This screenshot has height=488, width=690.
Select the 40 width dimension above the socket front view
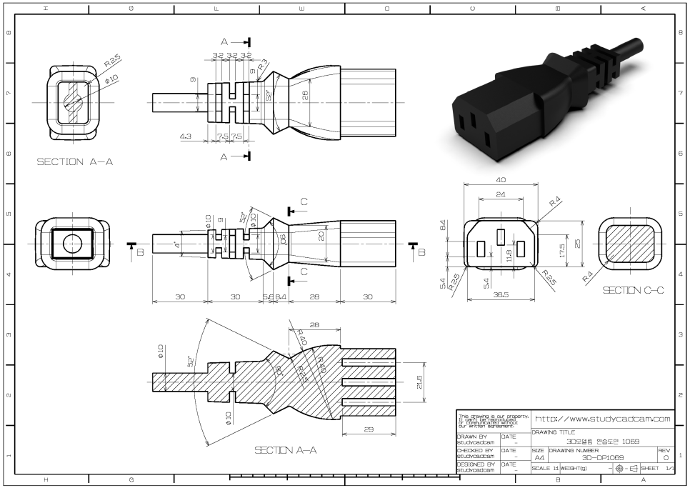coord(501,179)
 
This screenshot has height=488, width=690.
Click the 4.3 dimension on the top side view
coord(185,135)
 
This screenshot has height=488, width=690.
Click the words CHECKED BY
coord(474,451)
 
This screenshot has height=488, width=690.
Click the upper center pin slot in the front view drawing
coord(501,236)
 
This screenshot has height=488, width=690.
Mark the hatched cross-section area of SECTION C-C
coord(629,244)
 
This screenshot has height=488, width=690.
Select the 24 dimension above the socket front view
coord(501,194)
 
